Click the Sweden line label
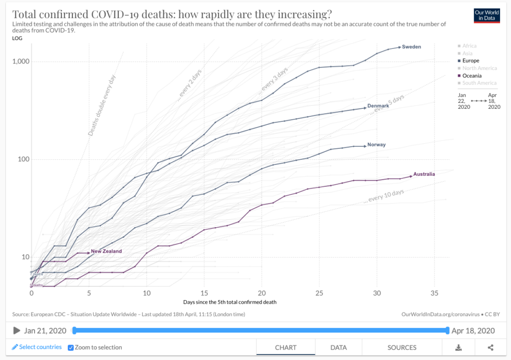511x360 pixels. pos(411,47)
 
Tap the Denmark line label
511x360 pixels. pos(378,106)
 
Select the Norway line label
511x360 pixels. pos(376,145)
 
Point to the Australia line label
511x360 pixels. pos(424,174)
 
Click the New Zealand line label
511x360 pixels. pos(106,251)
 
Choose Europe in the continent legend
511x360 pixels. pos(471,60)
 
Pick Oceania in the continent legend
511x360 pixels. pos(472,75)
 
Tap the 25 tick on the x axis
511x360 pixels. pos(320,293)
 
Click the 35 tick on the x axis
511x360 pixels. pos(435,293)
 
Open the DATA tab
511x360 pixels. pos(338,348)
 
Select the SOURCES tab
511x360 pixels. pos(402,348)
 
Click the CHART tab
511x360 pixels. pos(285,348)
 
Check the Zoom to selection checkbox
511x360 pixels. pos(71,348)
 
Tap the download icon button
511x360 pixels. pos(459,348)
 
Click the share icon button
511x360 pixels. pos(491,348)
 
